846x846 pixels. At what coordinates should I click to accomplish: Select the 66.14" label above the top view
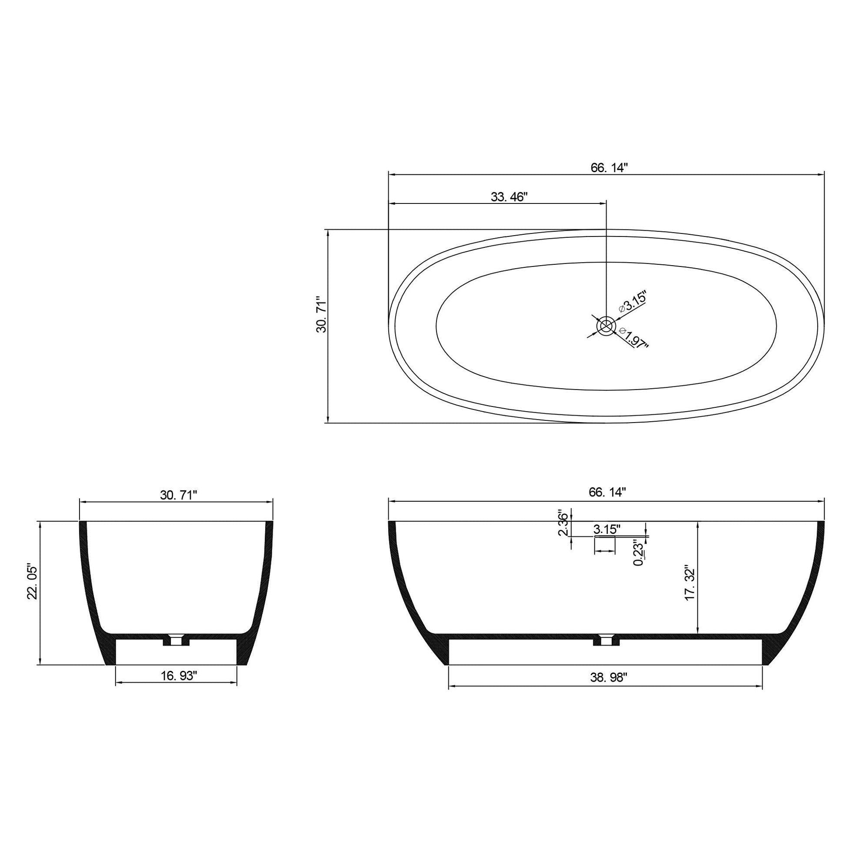pyautogui.click(x=610, y=168)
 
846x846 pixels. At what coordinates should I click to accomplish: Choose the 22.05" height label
pyautogui.click(x=33, y=582)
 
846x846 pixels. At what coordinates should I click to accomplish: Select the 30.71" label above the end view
pyautogui.click(x=179, y=495)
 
